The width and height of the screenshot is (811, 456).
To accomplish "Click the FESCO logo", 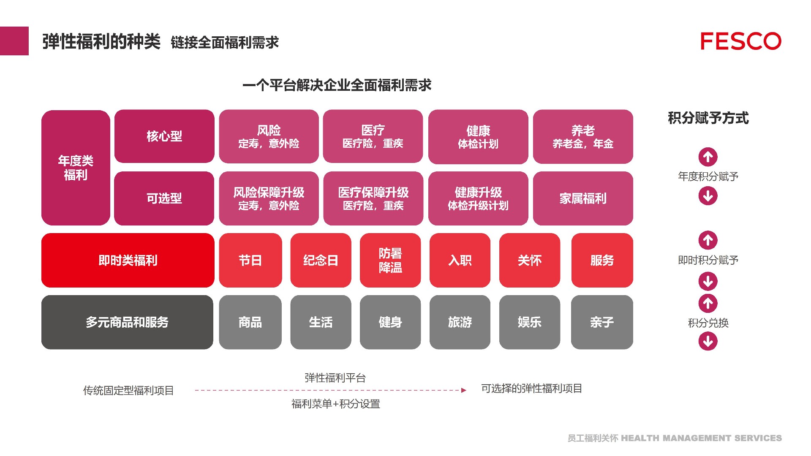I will (740, 41).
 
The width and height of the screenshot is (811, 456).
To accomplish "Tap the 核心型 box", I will (164, 136).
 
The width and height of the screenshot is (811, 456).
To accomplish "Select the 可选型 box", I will (164, 198).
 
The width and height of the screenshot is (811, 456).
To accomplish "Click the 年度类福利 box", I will (76, 168).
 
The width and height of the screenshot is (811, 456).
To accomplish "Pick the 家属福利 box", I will (583, 198).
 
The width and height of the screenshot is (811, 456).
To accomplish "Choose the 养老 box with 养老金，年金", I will (583, 137).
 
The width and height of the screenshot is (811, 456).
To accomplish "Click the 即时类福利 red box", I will (128, 261).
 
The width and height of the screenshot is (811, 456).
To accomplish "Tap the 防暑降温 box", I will (390, 261).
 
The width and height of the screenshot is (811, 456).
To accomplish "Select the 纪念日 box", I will (321, 261).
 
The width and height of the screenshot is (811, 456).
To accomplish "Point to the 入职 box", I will (460, 261).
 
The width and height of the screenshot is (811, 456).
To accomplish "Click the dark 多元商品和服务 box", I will (127, 323).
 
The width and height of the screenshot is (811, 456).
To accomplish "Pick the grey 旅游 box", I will (460, 323).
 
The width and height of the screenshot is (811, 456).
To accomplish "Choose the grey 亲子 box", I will (602, 323).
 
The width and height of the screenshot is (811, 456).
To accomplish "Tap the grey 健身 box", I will (390, 323).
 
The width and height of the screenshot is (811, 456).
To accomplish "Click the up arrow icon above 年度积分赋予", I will (708, 157).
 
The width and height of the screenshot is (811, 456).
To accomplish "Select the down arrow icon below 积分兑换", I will (708, 341).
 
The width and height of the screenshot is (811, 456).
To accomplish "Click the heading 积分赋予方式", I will (708, 118).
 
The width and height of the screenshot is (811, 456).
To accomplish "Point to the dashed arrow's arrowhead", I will (464, 391).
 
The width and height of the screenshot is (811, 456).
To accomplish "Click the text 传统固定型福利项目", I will (128, 391).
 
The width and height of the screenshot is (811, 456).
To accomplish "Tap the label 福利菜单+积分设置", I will (336, 404).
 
